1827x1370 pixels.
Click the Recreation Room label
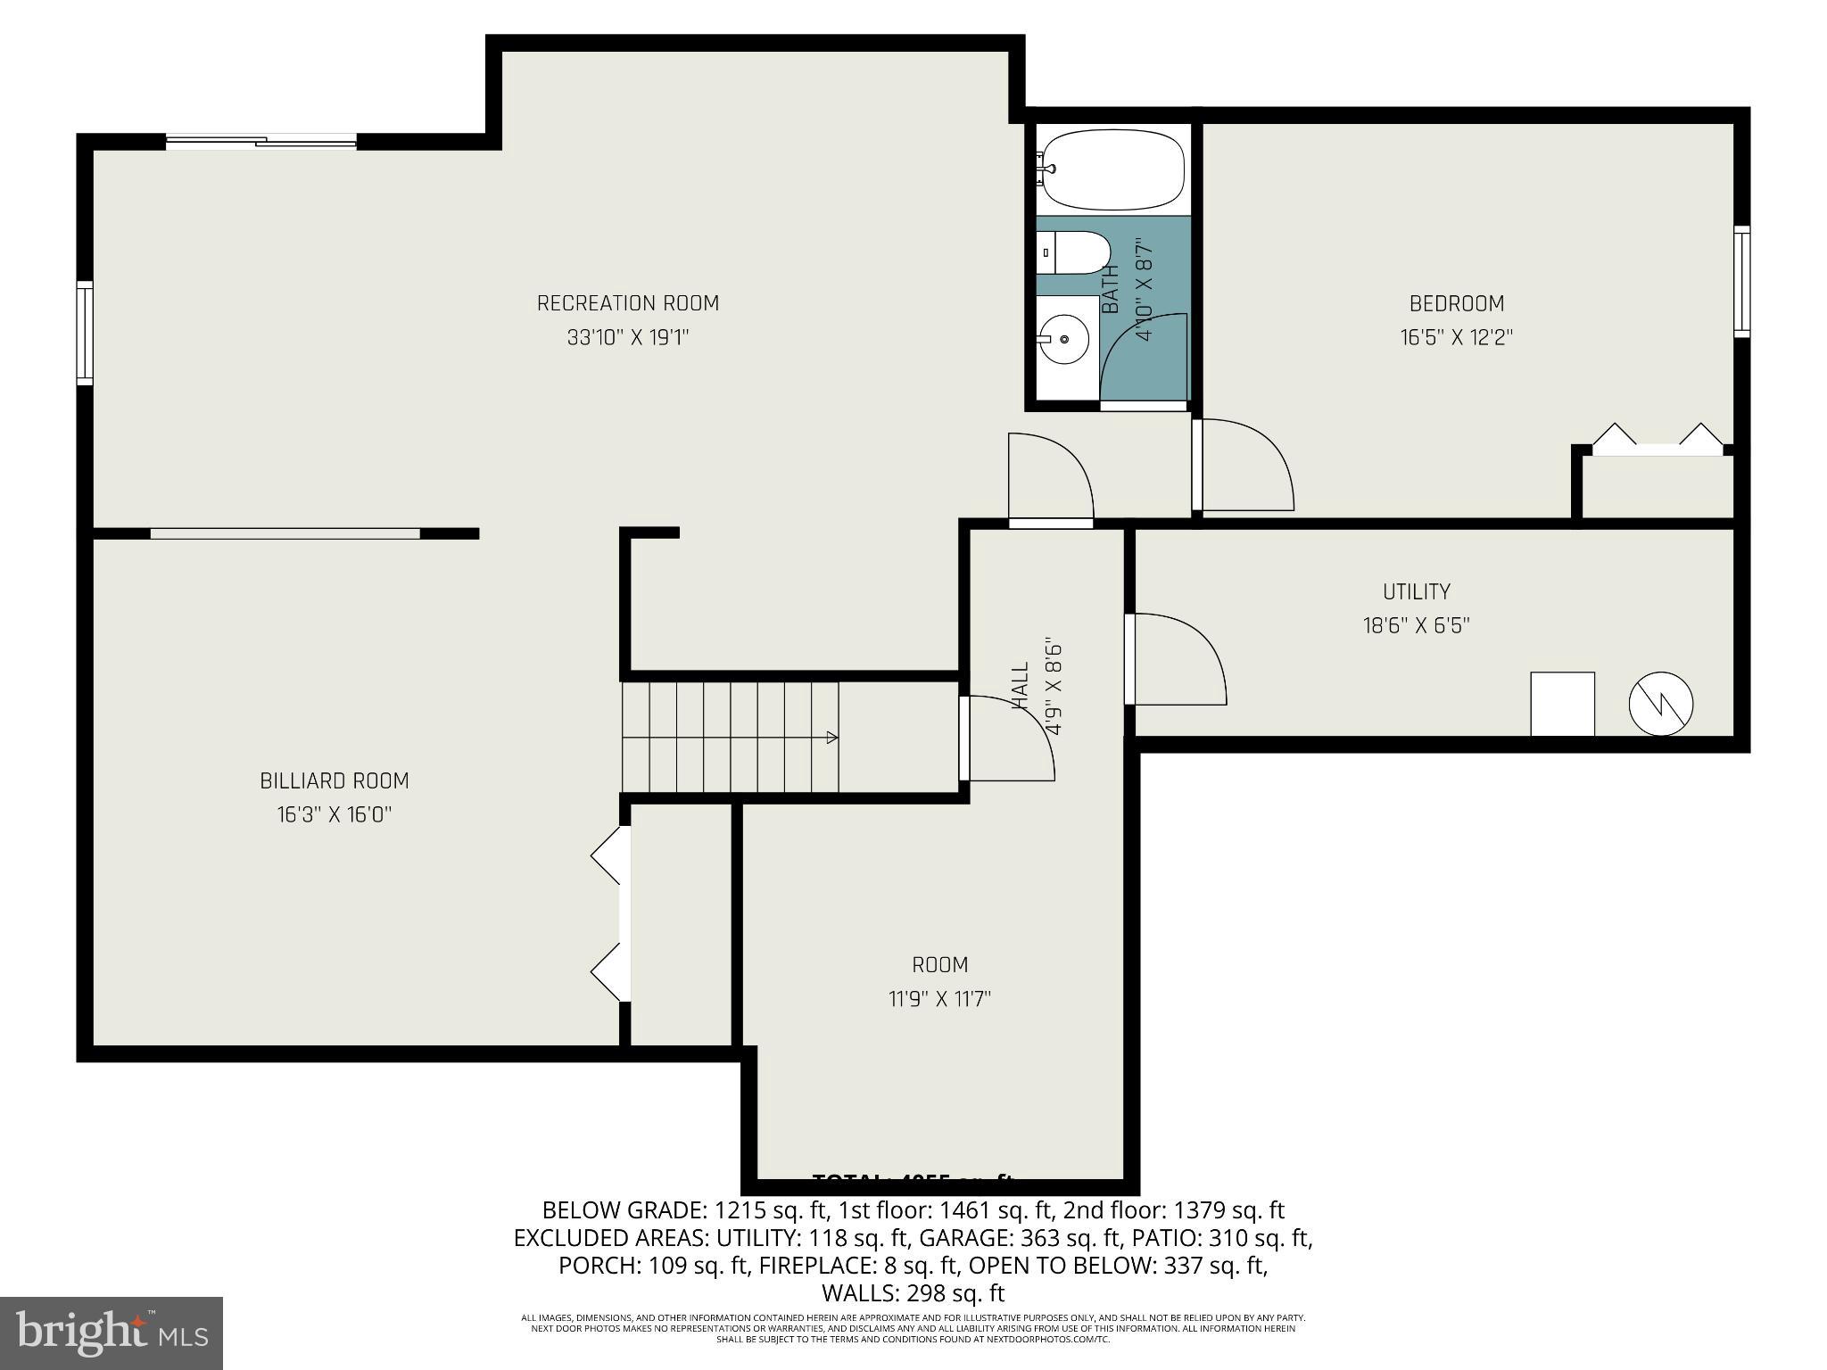(627, 303)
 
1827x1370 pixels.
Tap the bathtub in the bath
(1113, 169)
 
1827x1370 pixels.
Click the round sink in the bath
(1064, 339)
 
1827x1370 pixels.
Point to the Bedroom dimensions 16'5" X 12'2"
(1456, 338)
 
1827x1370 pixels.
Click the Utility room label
(1416, 591)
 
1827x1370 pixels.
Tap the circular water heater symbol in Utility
(1660, 704)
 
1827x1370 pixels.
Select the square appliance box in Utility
(1562, 704)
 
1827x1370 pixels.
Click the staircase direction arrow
(830, 737)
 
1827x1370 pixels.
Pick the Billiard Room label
(334, 781)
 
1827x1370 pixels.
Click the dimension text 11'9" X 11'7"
(939, 999)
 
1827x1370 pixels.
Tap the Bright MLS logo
(112, 1333)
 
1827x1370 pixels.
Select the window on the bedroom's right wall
(1741, 282)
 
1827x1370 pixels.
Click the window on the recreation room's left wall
(85, 333)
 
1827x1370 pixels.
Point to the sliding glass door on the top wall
(261, 141)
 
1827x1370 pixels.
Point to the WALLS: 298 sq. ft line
(913, 1292)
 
